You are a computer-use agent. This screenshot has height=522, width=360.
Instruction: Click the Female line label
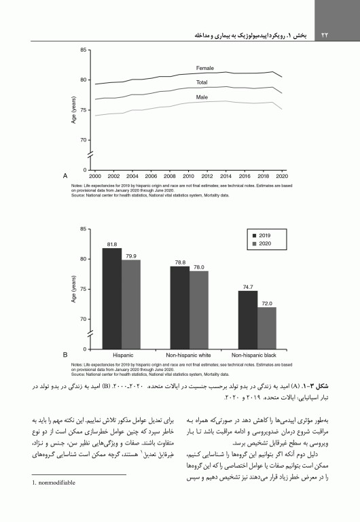[x=205, y=69]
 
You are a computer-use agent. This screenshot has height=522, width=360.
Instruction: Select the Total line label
[x=202, y=82]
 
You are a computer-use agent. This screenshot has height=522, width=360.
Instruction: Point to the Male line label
[x=202, y=97]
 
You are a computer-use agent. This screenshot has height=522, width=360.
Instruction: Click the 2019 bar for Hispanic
[x=113, y=298]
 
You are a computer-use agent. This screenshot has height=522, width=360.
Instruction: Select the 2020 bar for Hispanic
[x=132, y=304]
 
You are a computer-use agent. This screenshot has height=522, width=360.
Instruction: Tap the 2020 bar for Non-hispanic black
[x=267, y=328]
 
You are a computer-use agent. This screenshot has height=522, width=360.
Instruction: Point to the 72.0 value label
[x=267, y=302]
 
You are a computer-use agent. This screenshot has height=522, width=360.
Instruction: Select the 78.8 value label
[x=180, y=262]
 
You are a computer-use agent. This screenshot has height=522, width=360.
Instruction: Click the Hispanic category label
[x=122, y=355]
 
